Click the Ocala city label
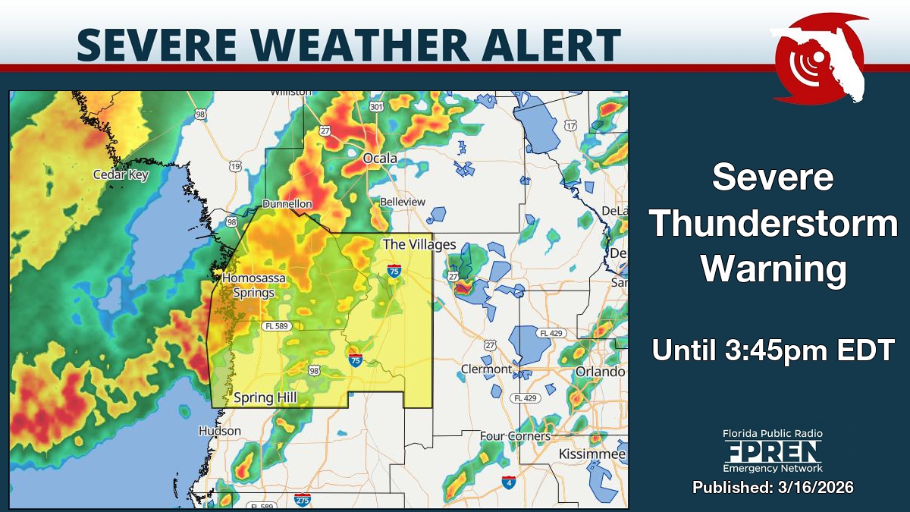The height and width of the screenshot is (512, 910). [x=380, y=159]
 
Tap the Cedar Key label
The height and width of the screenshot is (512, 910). [x=121, y=174]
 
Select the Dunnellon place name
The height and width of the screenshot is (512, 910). [x=287, y=204]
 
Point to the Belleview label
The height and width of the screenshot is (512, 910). [x=402, y=202]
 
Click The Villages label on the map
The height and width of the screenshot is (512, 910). [x=419, y=244]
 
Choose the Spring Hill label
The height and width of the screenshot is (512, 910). [x=265, y=397]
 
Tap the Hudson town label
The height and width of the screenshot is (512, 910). [x=220, y=431]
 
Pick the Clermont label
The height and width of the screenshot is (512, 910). [x=486, y=369]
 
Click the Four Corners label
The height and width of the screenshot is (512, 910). [x=515, y=436]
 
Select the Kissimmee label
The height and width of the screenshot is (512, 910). [x=592, y=454]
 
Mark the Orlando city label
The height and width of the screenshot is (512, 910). [x=600, y=372]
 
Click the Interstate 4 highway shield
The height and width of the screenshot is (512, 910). [x=509, y=482]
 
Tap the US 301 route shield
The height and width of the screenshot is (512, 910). [x=376, y=107]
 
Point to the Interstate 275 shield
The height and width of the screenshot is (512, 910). [x=302, y=500]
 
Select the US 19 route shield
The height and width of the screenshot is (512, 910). [x=235, y=166]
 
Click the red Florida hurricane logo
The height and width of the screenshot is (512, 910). [x=819, y=57]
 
